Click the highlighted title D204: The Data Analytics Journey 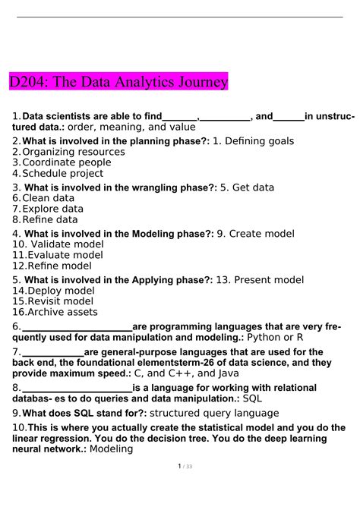118,81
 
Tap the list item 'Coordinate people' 67,162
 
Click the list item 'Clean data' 52,197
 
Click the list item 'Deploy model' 59,291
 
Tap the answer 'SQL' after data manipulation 252,398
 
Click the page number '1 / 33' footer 180,487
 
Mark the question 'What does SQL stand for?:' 84,414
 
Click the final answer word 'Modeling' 111,449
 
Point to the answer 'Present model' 269,279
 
